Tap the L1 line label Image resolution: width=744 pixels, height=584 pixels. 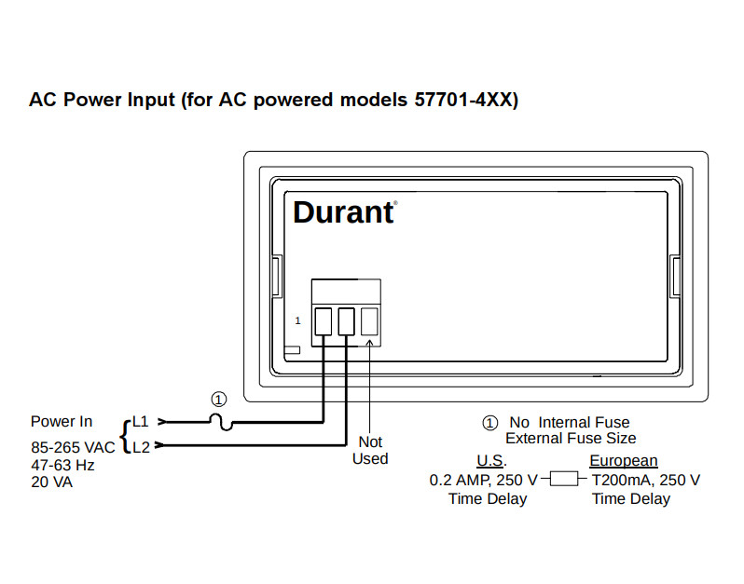tap(141, 421)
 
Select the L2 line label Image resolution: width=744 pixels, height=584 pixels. tap(141, 447)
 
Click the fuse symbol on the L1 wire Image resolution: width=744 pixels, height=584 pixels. tap(221, 421)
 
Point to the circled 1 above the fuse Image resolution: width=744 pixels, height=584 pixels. tap(219, 400)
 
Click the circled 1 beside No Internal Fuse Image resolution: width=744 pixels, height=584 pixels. tap(490, 422)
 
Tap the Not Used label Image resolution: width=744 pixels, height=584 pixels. tap(370, 450)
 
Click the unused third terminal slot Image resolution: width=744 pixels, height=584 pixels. tap(369, 321)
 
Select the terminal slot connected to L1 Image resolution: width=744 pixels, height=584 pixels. tap(324, 321)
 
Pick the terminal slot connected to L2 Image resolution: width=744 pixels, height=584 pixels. tap(347, 321)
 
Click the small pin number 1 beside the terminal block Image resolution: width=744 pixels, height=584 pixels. tap(297, 321)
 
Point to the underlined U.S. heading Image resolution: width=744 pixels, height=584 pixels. tap(491, 461)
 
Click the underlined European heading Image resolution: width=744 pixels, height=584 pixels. tap(624, 461)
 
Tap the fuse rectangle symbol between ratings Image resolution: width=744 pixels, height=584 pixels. tap(564, 479)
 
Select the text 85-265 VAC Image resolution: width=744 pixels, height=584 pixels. tap(73, 447)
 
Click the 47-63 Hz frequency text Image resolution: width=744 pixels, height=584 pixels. tap(62, 465)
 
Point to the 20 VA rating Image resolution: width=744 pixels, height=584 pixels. tap(51, 482)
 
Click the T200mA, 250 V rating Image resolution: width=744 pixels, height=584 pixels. tap(646, 481)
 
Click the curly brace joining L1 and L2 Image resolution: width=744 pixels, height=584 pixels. tap(125, 436)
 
